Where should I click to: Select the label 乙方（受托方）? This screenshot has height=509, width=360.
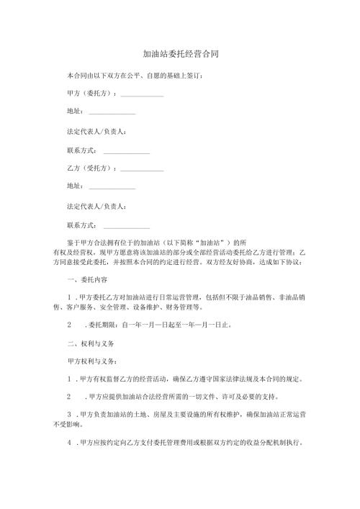click(x=89, y=168)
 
